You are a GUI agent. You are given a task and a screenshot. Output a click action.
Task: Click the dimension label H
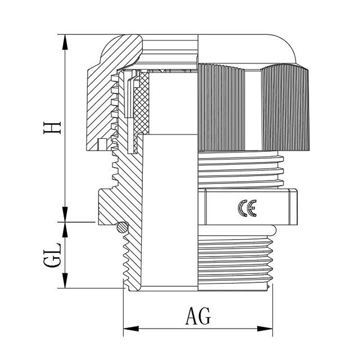click(52, 128)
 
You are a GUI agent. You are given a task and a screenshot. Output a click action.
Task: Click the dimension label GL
click(52, 255)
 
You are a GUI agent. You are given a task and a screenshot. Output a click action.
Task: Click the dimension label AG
click(198, 316)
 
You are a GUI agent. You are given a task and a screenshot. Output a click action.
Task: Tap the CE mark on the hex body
click(247, 208)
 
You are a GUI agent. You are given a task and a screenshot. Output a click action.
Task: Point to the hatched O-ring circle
click(123, 228)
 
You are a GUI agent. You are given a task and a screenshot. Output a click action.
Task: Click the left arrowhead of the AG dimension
click(131, 328)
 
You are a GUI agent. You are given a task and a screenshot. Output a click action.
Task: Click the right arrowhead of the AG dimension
click(265, 328)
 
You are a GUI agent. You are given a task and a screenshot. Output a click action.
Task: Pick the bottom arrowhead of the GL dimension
click(65, 281)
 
